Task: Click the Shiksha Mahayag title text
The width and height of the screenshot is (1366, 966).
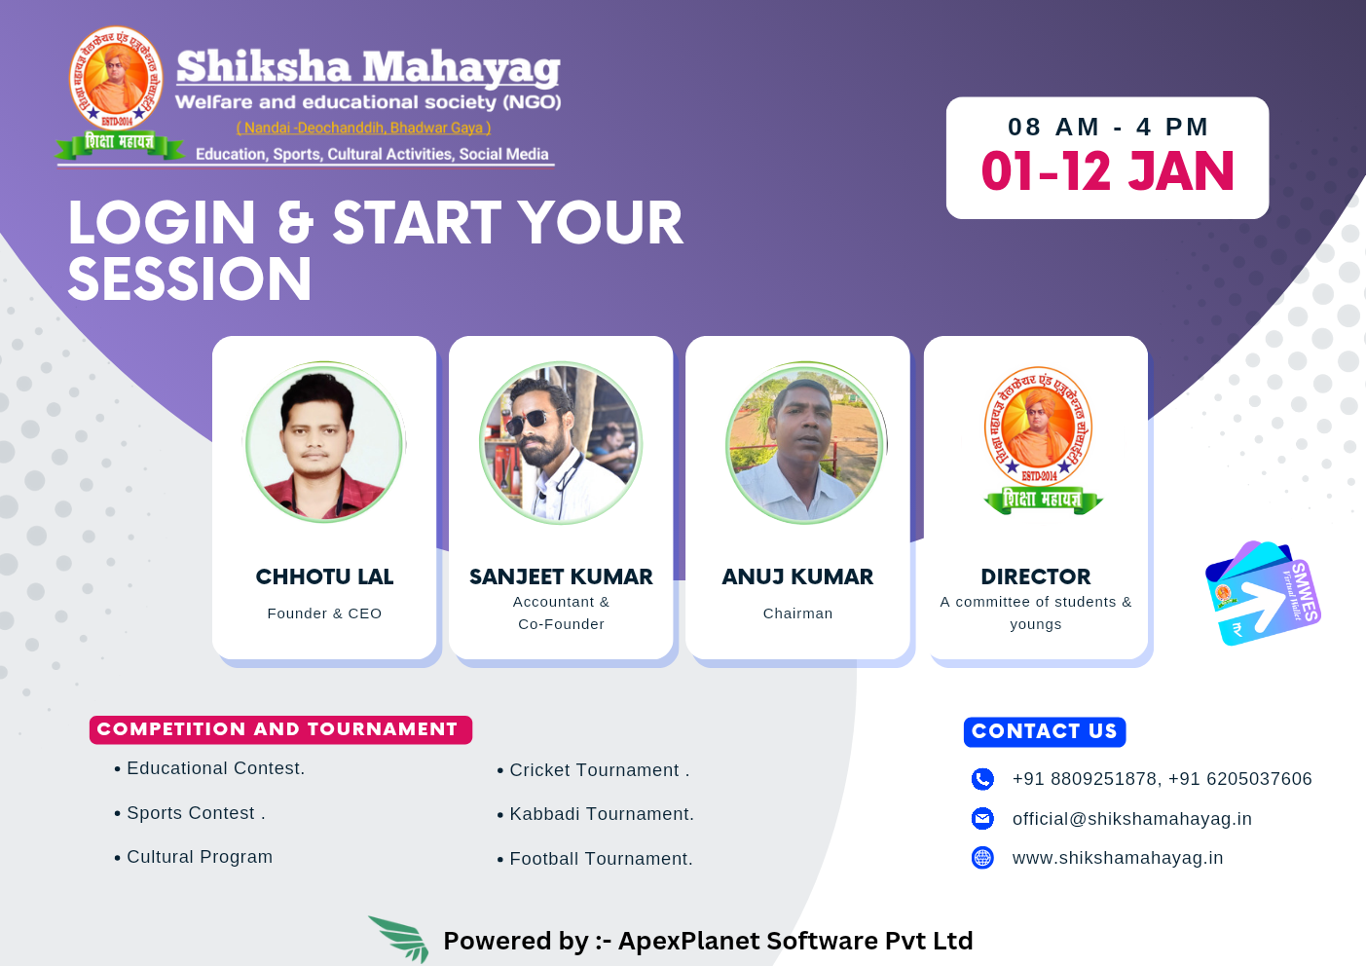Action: click(368, 68)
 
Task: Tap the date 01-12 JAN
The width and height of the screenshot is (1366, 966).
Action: click(1107, 172)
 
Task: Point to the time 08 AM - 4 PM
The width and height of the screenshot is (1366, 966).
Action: click(1107, 128)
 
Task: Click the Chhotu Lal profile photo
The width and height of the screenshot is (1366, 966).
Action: click(324, 443)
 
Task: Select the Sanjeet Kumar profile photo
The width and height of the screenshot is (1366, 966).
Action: click(561, 443)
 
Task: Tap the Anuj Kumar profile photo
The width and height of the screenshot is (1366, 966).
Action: click(804, 443)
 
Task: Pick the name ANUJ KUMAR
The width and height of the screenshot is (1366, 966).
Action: click(797, 576)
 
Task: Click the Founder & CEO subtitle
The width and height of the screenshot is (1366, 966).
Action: click(324, 613)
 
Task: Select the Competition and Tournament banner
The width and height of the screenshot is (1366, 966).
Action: click(280, 729)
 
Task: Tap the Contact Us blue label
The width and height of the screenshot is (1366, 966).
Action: click(1044, 731)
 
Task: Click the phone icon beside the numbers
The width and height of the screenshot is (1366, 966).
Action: click(982, 779)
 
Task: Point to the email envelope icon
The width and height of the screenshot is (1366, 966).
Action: click(982, 819)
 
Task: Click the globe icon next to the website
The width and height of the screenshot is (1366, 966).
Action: click(982, 858)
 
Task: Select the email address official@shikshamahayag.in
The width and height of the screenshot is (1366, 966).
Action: click(1131, 819)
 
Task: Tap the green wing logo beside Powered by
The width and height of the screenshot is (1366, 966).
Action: click(400, 938)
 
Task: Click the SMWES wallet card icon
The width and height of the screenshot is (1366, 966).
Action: click(1262, 593)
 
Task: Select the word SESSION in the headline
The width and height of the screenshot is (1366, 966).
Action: click(190, 279)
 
